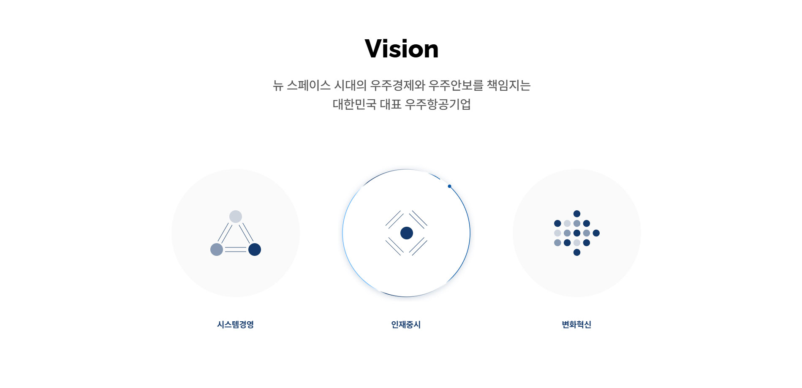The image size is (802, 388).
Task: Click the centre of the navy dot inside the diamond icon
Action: (x=406, y=233)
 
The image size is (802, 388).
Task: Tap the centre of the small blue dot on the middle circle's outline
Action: (x=449, y=186)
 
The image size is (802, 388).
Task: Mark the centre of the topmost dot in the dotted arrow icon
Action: (x=577, y=214)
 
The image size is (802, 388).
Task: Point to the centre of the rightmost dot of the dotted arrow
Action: (x=596, y=233)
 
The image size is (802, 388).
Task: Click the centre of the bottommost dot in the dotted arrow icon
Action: (x=577, y=252)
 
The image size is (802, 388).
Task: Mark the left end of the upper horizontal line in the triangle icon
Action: (x=225, y=247)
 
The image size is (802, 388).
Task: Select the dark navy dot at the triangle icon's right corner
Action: (x=255, y=250)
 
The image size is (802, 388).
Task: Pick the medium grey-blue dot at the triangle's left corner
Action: (x=217, y=250)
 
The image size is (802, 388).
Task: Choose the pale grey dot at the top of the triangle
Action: (x=236, y=217)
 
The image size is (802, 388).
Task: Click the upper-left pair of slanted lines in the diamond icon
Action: (x=394, y=220)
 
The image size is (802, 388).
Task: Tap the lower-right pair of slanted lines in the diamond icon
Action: (x=419, y=247)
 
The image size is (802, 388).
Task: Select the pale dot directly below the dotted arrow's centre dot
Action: (x=577, y=243)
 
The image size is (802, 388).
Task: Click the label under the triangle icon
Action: (x=235, y=324)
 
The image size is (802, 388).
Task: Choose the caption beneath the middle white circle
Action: (x=406, y=324)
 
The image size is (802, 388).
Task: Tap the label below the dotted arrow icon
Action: (x=576, y=324)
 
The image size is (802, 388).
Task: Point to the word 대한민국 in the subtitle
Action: (x=354, y=104)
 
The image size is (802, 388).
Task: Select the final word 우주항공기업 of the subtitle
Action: (x=438, y=104)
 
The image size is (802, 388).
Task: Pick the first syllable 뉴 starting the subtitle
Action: (x=278, y=85)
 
